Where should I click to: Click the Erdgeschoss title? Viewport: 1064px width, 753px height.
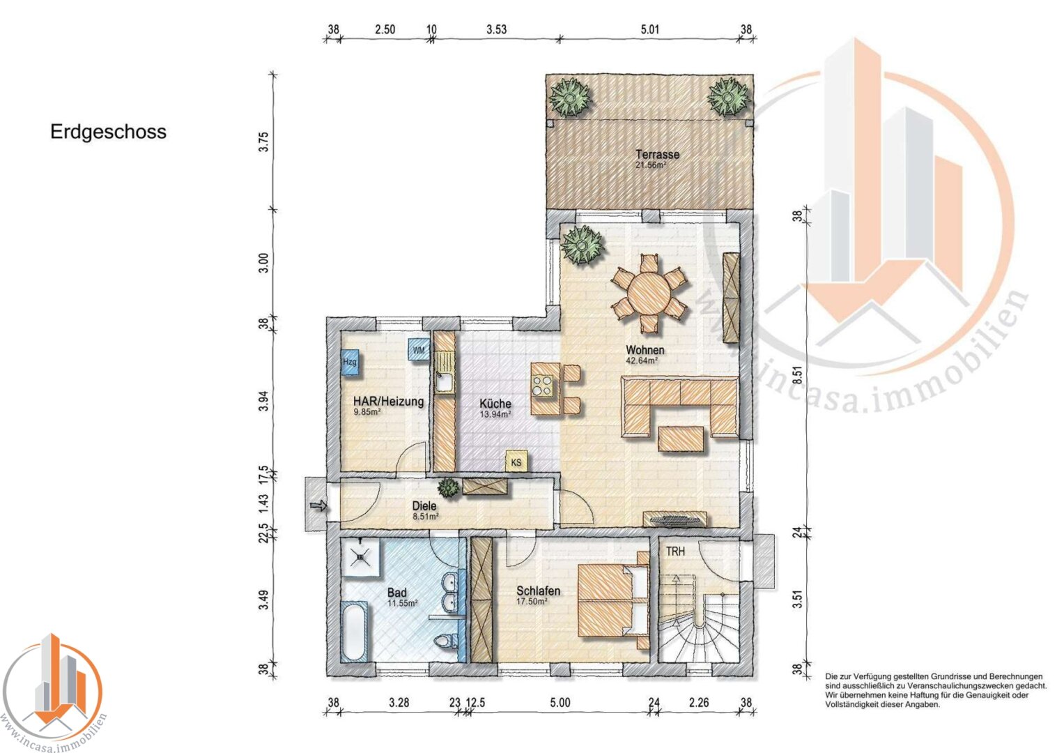pos(108,132)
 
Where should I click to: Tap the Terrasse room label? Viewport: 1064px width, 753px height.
pos(657,155)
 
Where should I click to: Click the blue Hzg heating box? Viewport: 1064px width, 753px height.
pos(350,363)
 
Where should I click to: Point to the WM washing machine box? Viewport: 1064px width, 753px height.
pos(419,349)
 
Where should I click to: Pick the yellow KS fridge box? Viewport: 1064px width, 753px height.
pos(516,462)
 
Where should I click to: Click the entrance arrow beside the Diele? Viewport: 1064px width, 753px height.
pos(318,505)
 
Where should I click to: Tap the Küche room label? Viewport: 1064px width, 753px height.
pos(495,404)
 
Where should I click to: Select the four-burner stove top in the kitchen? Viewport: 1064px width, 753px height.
pos(542,386)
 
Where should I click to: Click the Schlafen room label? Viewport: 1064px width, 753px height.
pos(538,591)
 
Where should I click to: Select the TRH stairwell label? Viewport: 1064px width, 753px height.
pos(675,552)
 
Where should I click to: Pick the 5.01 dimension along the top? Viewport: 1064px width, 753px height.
pos(650,29)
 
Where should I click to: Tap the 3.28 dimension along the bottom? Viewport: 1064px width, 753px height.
pos(399,703)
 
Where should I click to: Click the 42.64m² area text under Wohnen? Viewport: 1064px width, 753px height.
pos(642,360)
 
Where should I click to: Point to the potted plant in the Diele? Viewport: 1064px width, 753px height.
pos(449,487)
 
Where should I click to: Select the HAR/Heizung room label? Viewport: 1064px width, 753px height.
pos(389,401)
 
